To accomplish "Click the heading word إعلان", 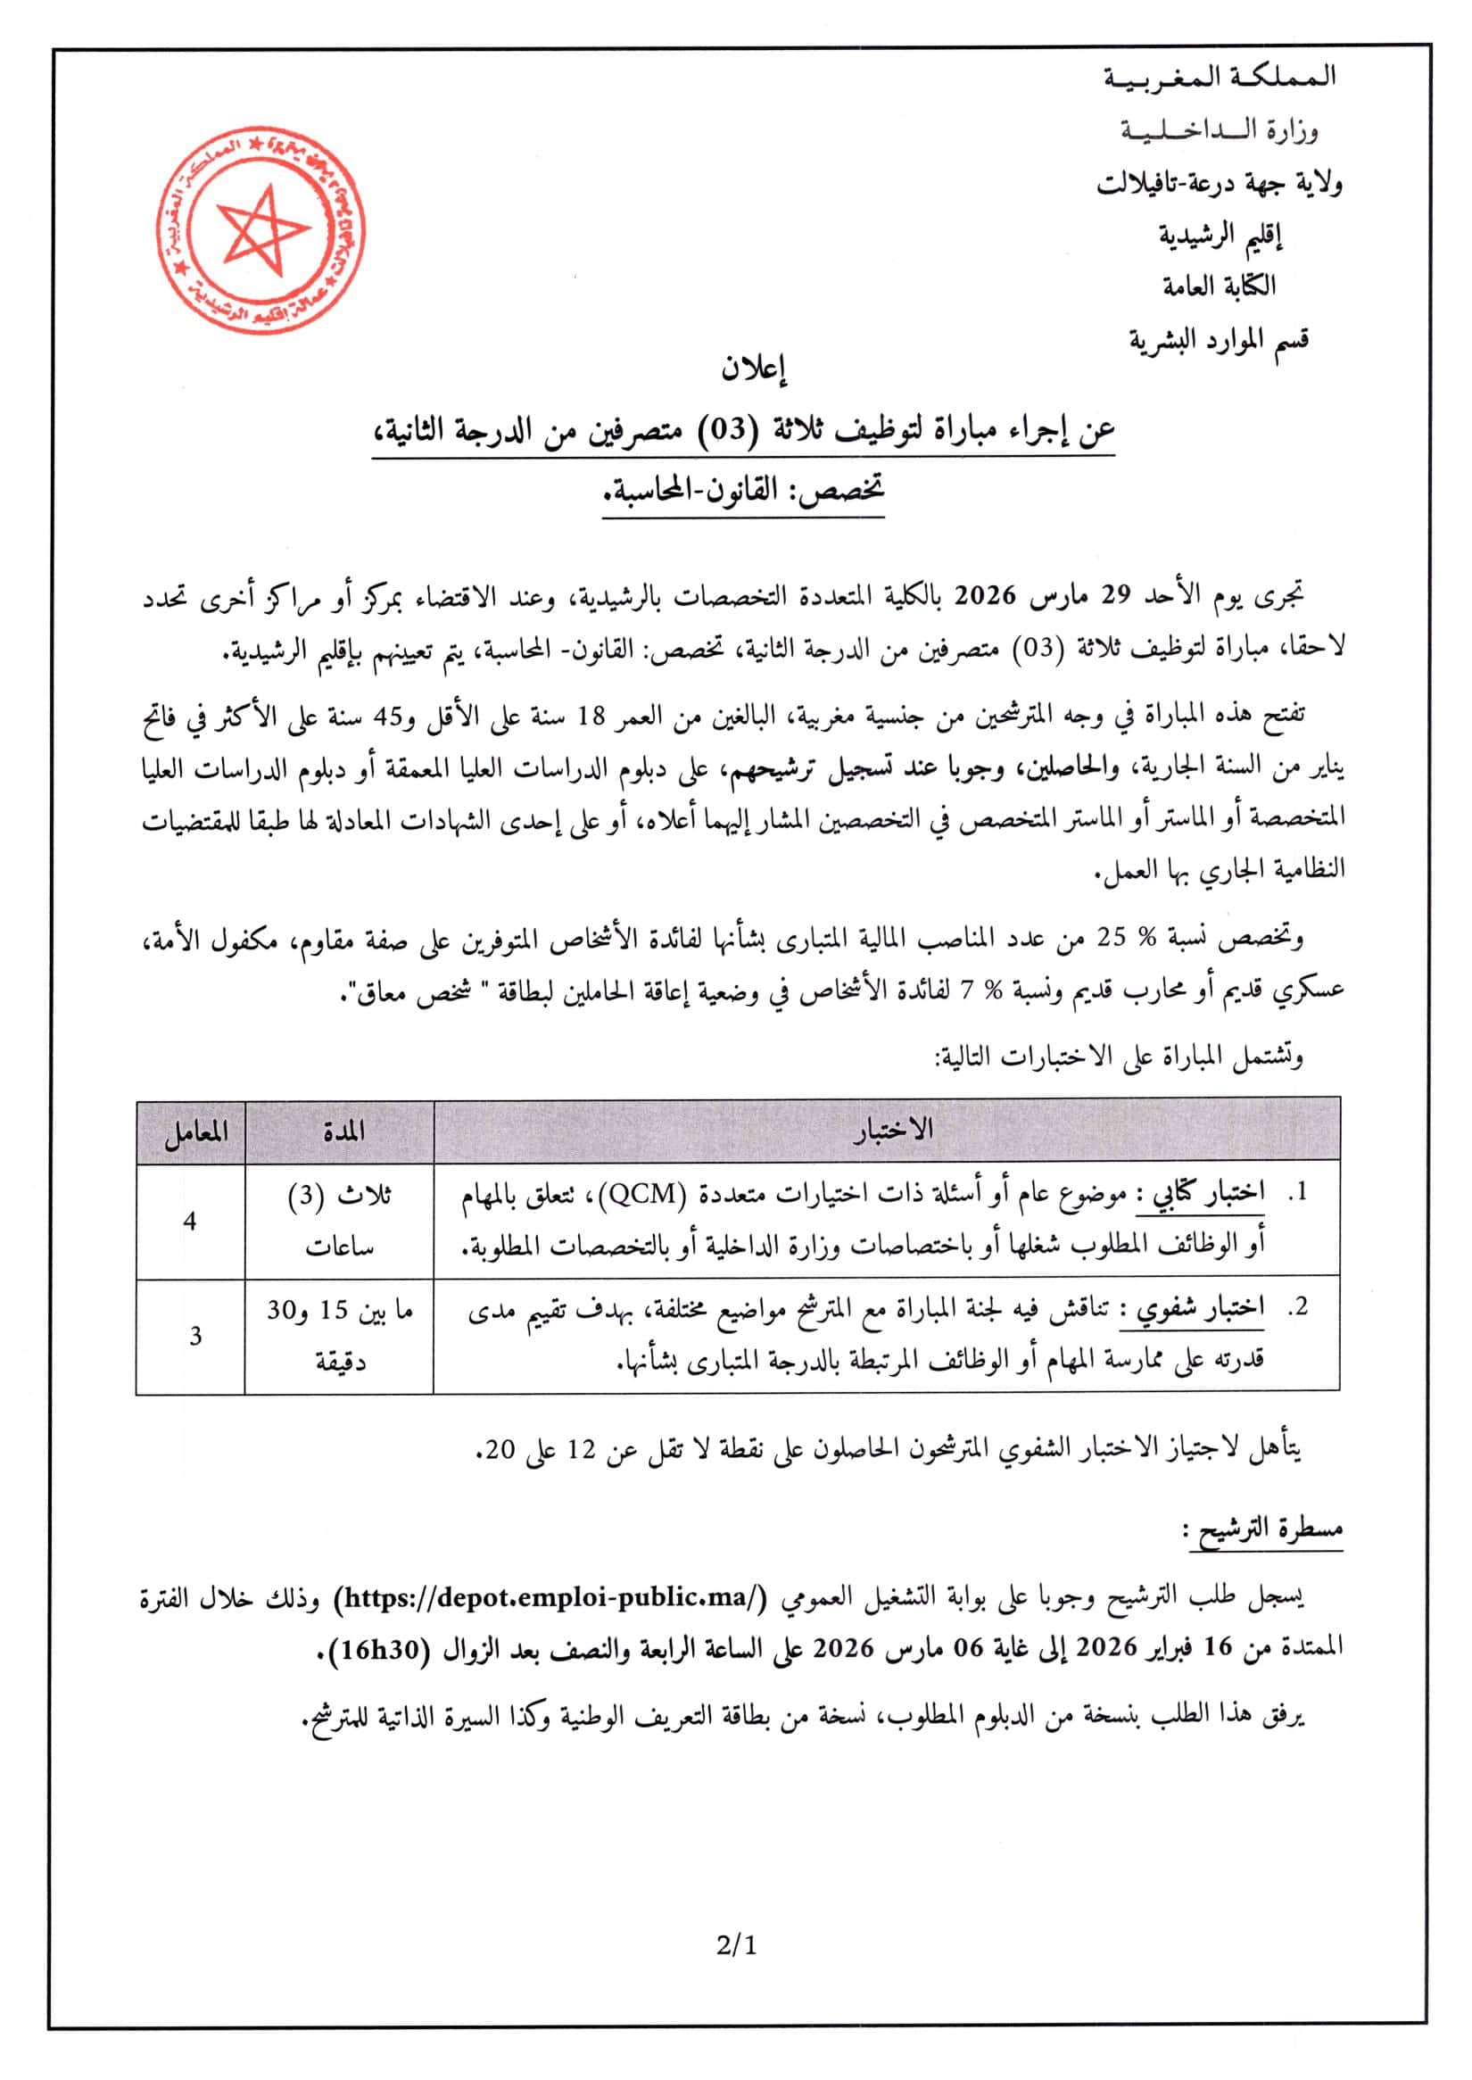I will click(753, 369).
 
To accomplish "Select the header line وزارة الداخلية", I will click(1220, 131).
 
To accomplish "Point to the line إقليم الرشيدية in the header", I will click(1221, 236).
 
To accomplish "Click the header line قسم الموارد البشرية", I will click(1219, 341).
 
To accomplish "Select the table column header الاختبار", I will click(892, 1130).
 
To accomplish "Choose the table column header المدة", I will click(343, 1131).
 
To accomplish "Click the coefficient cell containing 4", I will click(189, 1222).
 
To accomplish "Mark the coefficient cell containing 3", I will click(194, 1336).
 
